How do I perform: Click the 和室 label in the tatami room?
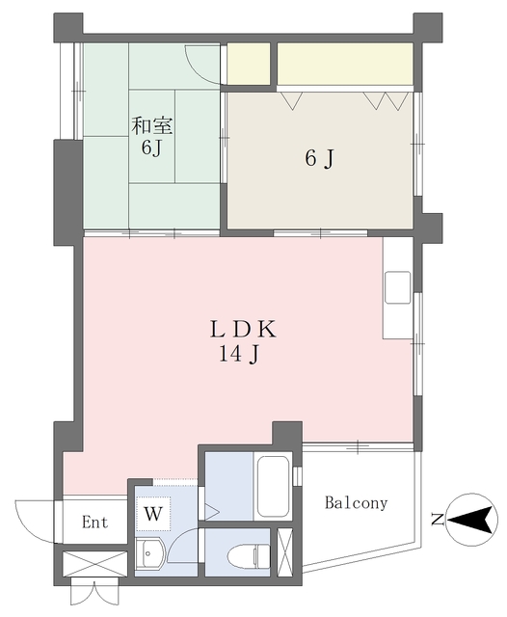pos(151,125)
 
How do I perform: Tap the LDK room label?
pos(244,329)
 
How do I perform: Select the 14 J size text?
pos(239,355)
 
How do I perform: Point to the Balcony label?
pos(356,503)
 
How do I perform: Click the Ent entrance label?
pos(94,523)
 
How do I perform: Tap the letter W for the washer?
pos(153,514)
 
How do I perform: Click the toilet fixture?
pos(249,556)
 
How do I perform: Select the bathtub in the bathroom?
pos(272,486)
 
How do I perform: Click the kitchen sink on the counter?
pos(397,287)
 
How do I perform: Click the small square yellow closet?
pos(249,64)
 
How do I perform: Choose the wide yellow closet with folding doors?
pos(345,64)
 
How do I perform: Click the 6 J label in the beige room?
pos(319,158)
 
